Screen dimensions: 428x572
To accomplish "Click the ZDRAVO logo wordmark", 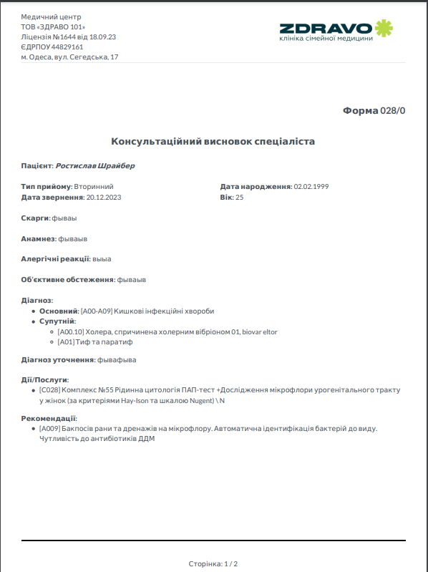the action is tap(326, 28).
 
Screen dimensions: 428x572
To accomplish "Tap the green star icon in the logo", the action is tap(384, 28).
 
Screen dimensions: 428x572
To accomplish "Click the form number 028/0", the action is tap(393, 111).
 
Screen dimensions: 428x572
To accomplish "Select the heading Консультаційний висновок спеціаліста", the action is tap(213, 142).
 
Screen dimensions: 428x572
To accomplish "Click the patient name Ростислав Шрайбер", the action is tap(95, 165).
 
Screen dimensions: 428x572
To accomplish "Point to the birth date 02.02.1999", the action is tap(311, 186).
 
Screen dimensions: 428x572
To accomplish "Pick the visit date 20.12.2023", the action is tap(104, 196).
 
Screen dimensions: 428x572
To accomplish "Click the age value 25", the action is tap(240, 196).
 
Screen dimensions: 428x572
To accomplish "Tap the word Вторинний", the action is tap(94, 186).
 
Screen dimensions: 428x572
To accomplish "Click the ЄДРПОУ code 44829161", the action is tap(68, 47).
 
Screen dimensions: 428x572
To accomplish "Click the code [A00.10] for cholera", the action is tap(70, 331).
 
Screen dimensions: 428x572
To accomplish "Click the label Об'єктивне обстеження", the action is tap(67, 279).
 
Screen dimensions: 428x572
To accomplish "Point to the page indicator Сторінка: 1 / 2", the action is tap(213, 563).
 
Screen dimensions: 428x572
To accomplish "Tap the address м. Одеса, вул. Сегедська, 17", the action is tap(70, 57).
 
